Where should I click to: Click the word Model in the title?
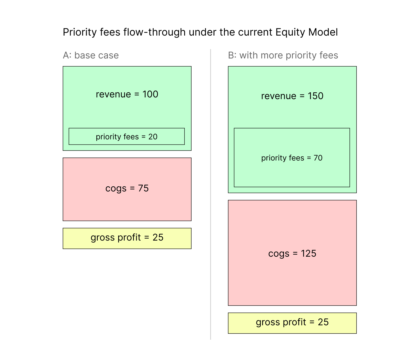(x=323, y=32)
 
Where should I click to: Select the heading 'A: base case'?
(x=91, y=55)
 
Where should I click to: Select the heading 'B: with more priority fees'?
(x=283, y=55)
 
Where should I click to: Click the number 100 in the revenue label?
(x=150, y=94)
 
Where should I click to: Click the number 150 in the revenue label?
(x=316, y=96)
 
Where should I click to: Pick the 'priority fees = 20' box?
(x=127, y=136)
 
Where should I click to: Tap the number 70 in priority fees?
(x=318, y=158)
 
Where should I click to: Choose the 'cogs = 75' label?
(x=127, y=188)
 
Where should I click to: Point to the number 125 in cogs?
(x=308, y=253)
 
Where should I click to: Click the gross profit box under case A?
(x=127, y=238)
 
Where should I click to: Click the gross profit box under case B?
(x=292, y=323)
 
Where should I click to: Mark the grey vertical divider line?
(x=210, y=194)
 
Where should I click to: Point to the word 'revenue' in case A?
(x=113, y=95)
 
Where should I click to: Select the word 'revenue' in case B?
(x=279, y=96)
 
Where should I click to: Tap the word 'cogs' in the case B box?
(x=279, y=254)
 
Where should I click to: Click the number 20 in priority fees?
(x=153, y=137)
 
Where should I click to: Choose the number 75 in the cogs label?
(x=143, y=188)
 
